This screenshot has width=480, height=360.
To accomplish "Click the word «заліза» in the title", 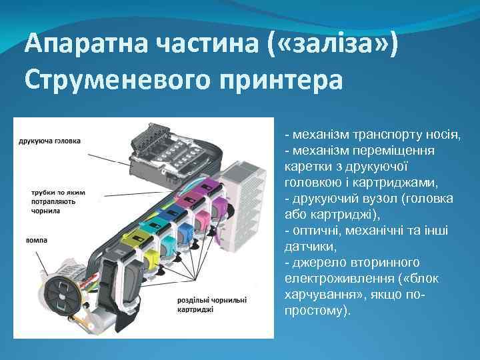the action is click(x=333, y=45).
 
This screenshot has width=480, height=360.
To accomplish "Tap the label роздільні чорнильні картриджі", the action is click(x=212, y=304).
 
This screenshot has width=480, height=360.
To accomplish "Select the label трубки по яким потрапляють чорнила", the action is click(x=52, y=201).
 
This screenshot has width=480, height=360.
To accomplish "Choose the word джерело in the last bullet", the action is click(x=319, y=263).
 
